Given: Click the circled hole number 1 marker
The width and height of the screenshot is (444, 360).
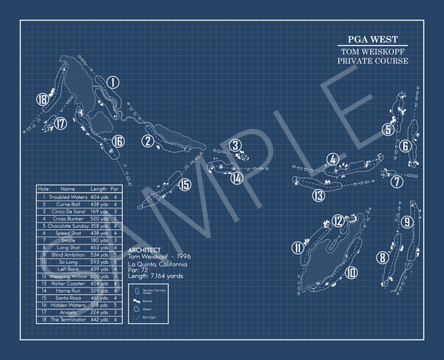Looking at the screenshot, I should tap(112, 83).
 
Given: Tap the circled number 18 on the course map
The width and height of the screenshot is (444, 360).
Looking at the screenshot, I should tap(42, 99).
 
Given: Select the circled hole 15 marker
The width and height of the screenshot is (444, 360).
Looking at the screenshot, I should tap(184, 185).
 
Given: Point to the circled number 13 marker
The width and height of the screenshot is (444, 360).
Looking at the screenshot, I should tap(318, 196).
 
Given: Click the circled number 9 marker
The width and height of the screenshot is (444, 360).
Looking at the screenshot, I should tap(407, 222).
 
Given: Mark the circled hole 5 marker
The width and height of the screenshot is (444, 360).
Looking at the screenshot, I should tap(388, 130).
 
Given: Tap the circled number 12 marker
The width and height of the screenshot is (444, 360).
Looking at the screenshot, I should tap(337, 220).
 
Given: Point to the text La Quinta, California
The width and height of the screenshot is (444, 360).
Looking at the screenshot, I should tap(157, 264).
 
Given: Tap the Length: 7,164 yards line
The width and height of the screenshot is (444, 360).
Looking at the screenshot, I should tap(158, 276).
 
